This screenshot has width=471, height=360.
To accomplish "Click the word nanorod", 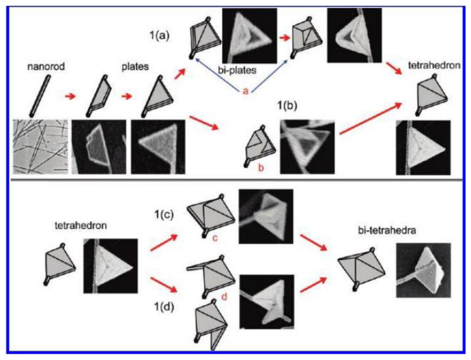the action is (x=46, y=66).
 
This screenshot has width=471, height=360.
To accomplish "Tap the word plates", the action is (x=135, y=66).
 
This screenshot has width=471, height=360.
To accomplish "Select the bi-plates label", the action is (x=237, y=70).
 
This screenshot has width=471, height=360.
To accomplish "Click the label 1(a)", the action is (x=160, y=35).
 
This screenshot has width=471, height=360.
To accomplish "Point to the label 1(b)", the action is (x=287, y=105).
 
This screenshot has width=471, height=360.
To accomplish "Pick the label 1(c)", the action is (x=164, y=215).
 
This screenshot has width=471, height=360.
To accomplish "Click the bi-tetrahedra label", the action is (x=387, y=230).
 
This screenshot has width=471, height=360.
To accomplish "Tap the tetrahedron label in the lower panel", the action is (x=80, y=225).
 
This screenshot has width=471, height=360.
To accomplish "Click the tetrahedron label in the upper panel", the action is (x=434, y=65).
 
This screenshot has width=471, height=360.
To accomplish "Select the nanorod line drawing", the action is (x=40, y=96).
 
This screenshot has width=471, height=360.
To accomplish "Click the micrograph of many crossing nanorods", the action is (x=40, y=147).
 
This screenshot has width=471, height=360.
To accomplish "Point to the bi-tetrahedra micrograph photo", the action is (x=424, y=270).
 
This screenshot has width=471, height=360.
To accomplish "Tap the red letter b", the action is (x=261, y=168).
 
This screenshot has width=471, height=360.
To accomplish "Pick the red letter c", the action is (x=215, y=238).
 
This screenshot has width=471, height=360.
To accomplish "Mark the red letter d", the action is (x=224, y=297).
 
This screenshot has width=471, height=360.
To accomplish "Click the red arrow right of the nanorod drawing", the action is (x=70, y=96).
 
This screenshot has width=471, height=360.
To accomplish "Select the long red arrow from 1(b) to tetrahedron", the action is (x=370, y=118).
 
